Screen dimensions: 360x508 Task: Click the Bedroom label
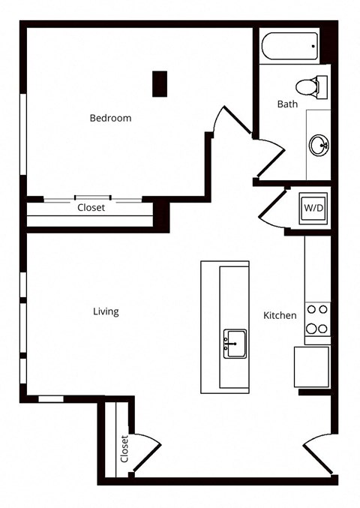[110, 118]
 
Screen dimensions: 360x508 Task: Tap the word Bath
[287, 104]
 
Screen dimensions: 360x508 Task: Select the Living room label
[106, 311]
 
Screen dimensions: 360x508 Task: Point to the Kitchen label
[280, 315]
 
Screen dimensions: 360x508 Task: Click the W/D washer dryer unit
[313, 208]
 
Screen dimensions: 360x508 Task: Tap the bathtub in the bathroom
[289, 46]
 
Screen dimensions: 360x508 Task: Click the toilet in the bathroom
[311, 87]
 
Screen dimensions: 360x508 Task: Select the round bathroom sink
[319, 145]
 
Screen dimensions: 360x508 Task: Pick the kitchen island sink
[235, 344]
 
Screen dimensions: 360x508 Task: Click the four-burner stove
[317, 319]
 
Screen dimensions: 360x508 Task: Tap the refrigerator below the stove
[312, 367]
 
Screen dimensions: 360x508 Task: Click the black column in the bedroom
[160, 84]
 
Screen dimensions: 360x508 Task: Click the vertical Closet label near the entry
[124, 449]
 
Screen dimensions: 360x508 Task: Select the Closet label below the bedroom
[91, 207]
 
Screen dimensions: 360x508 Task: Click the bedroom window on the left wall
[23, 134]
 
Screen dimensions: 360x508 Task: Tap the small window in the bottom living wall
[51, 399]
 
